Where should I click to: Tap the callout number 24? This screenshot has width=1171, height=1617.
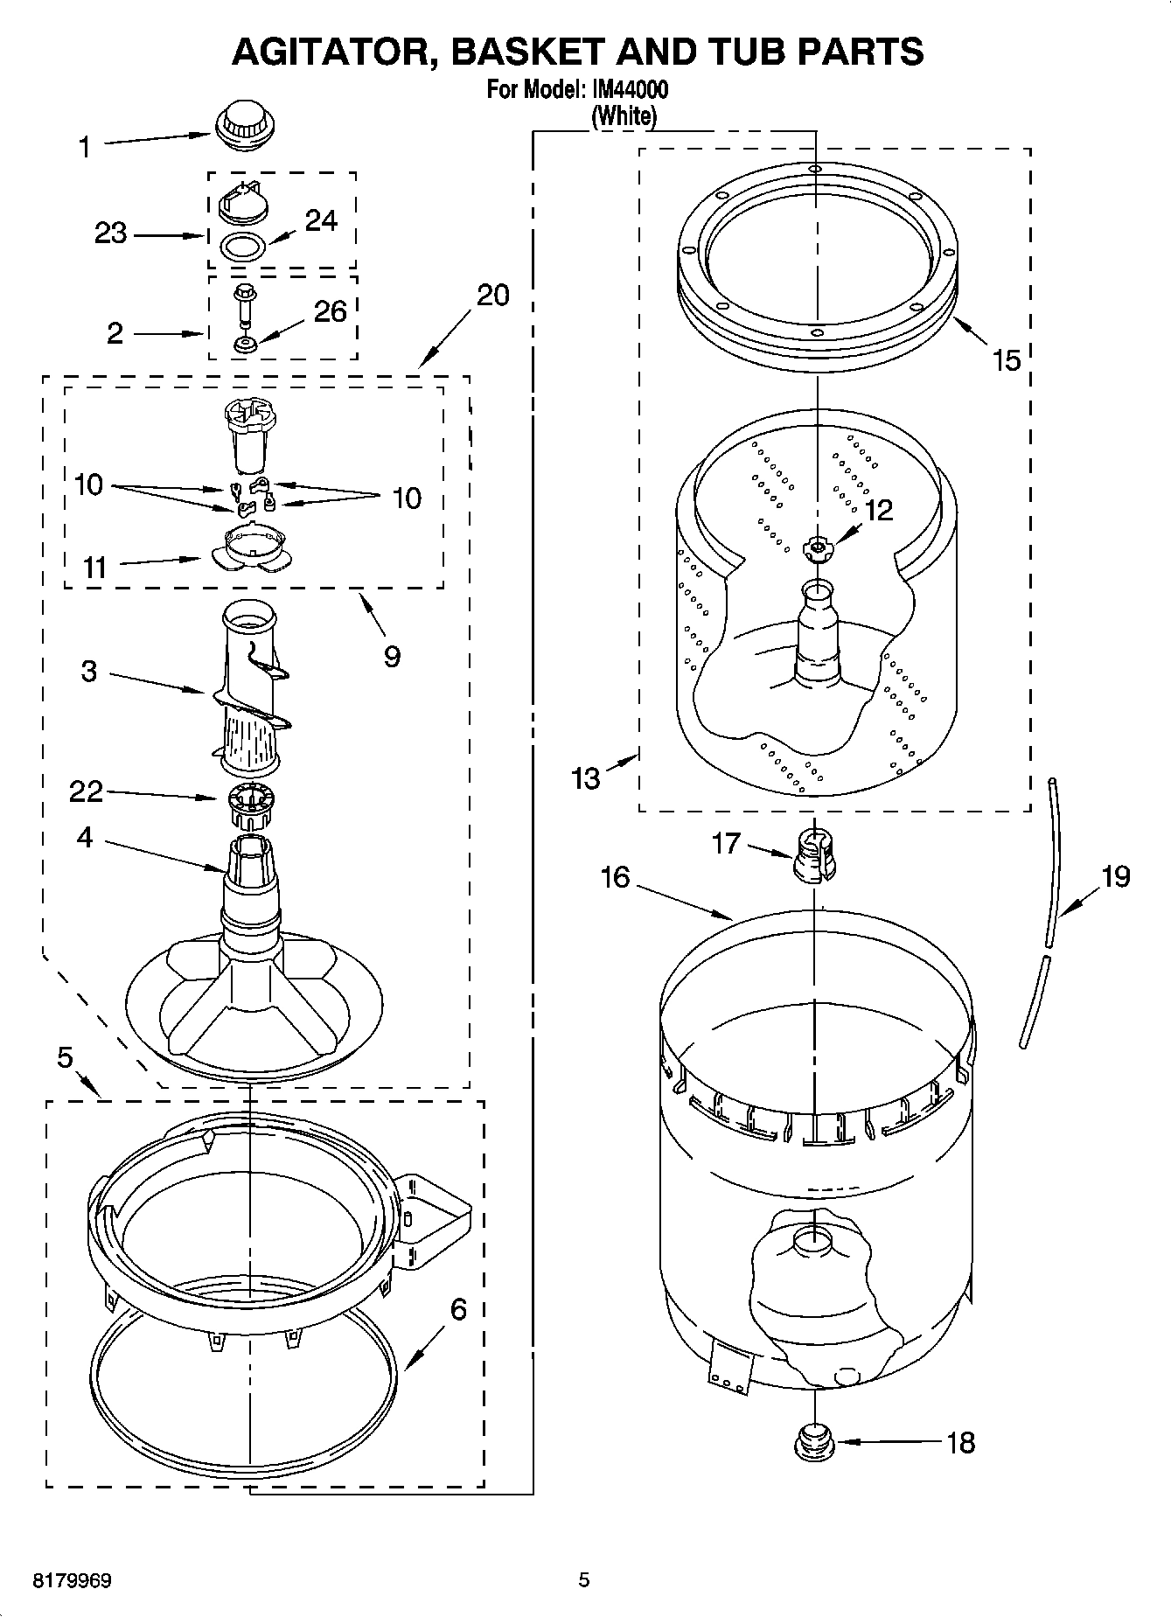click(x=321, y=220)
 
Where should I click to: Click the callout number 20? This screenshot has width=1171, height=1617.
click(x=492, y=296)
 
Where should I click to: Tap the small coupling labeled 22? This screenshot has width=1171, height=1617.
click(x=250, y=807)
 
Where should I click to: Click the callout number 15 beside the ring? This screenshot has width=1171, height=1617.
click(x=1007, y=359)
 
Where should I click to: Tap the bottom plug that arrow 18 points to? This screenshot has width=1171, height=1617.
click(x=814, y=1442)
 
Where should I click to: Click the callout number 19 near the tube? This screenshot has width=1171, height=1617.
click(x=1115, y=875)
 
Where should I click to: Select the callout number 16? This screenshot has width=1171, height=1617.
click(x=615, y=876)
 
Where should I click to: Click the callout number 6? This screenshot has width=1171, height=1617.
click(x=458, y=1309)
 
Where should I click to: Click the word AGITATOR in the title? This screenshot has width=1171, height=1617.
click(x=336, y=52)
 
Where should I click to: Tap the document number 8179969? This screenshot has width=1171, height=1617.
click(x=72, y=1580)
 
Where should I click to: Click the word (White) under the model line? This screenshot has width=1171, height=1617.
click(x=624, y=115)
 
